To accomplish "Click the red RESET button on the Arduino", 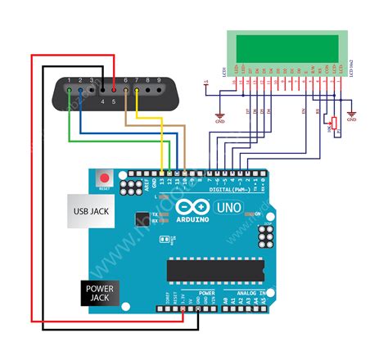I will click(104, 177).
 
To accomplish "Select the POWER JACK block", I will click(101, 293).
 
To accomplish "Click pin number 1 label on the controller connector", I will click(70, 81).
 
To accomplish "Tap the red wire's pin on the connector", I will click(114, 81).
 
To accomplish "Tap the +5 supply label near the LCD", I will click(206, 81).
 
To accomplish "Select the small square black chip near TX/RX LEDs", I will click(144, 219).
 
